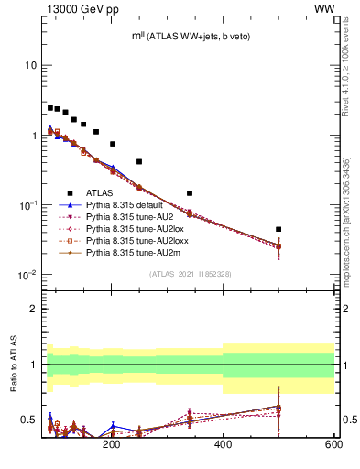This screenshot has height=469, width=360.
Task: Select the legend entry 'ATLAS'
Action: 100,193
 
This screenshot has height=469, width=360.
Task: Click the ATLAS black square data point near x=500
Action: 278,229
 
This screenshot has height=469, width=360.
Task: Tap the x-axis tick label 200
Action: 112,444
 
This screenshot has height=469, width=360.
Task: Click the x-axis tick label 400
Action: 223,444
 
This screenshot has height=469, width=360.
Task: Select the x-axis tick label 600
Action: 333,444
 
